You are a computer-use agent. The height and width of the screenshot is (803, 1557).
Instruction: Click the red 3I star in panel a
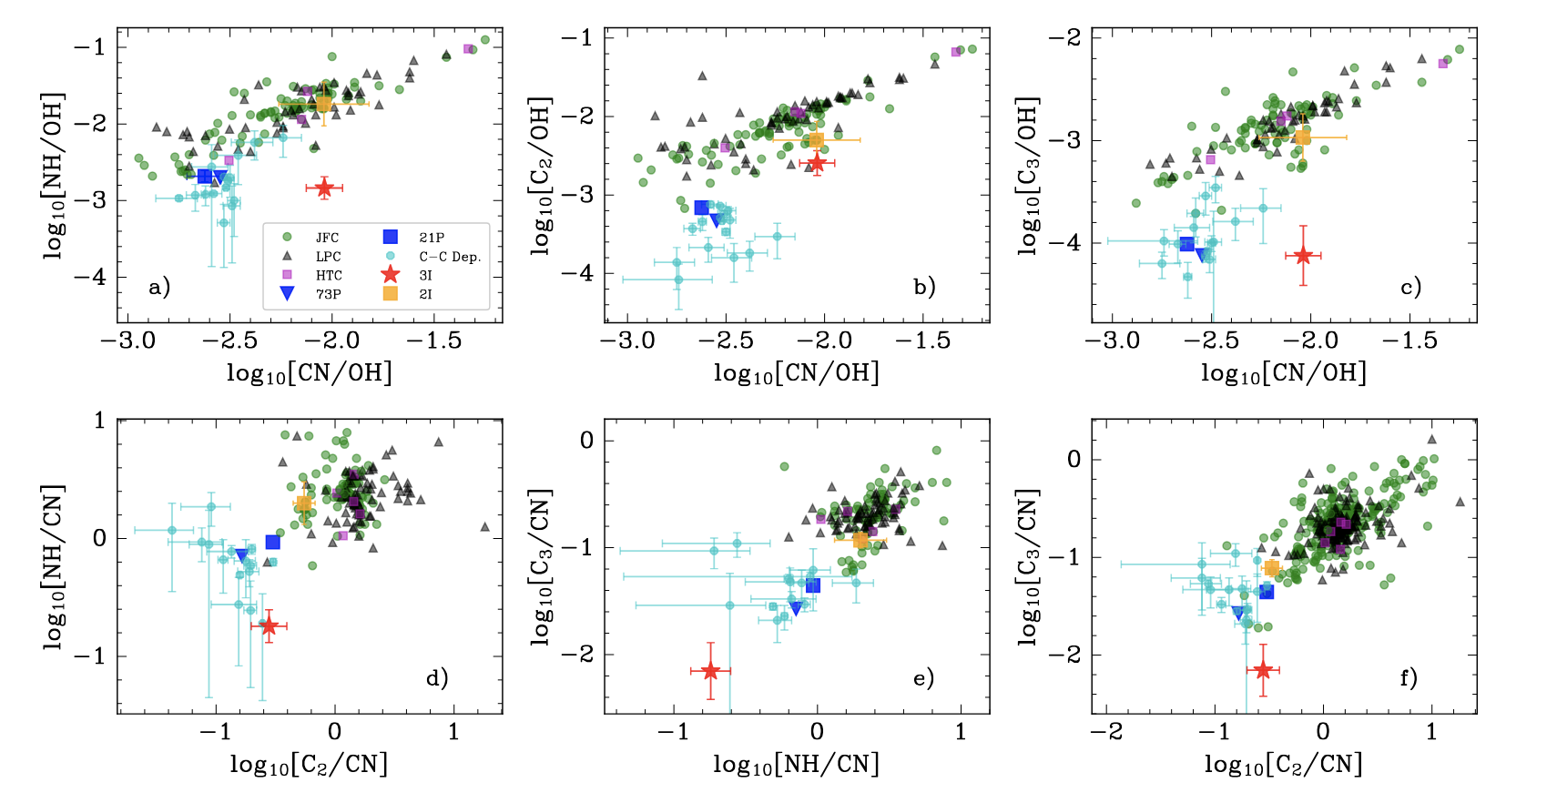[x=325, y=188]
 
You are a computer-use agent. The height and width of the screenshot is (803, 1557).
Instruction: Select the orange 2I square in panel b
[x=816, y=139]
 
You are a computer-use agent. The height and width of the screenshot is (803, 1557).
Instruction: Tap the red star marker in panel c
[x=1303, y=255]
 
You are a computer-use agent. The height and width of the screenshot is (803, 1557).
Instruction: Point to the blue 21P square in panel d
[x=272, y=543]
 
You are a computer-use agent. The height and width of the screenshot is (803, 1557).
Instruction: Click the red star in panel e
[x=710, y=671]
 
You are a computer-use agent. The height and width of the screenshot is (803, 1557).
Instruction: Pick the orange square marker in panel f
[x=1272, y=568]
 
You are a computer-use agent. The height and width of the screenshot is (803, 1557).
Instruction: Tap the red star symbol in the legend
[x=391, y=275]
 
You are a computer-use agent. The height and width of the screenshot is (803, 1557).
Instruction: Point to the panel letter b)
[x=924, y=287]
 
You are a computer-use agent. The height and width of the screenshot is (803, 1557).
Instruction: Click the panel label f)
[x=1409, y=677]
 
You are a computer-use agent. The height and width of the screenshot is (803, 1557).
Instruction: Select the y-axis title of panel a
[x=55, y=176]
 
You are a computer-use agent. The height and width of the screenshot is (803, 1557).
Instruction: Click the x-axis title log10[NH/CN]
[x=797, y=765]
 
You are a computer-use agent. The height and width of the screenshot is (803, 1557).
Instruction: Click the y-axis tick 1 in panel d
[x=98, y=420]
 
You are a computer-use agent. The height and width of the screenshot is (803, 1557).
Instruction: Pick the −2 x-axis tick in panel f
[x=1107, y=731]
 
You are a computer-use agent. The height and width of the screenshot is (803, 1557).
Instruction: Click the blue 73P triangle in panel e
[x=796, y=608]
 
